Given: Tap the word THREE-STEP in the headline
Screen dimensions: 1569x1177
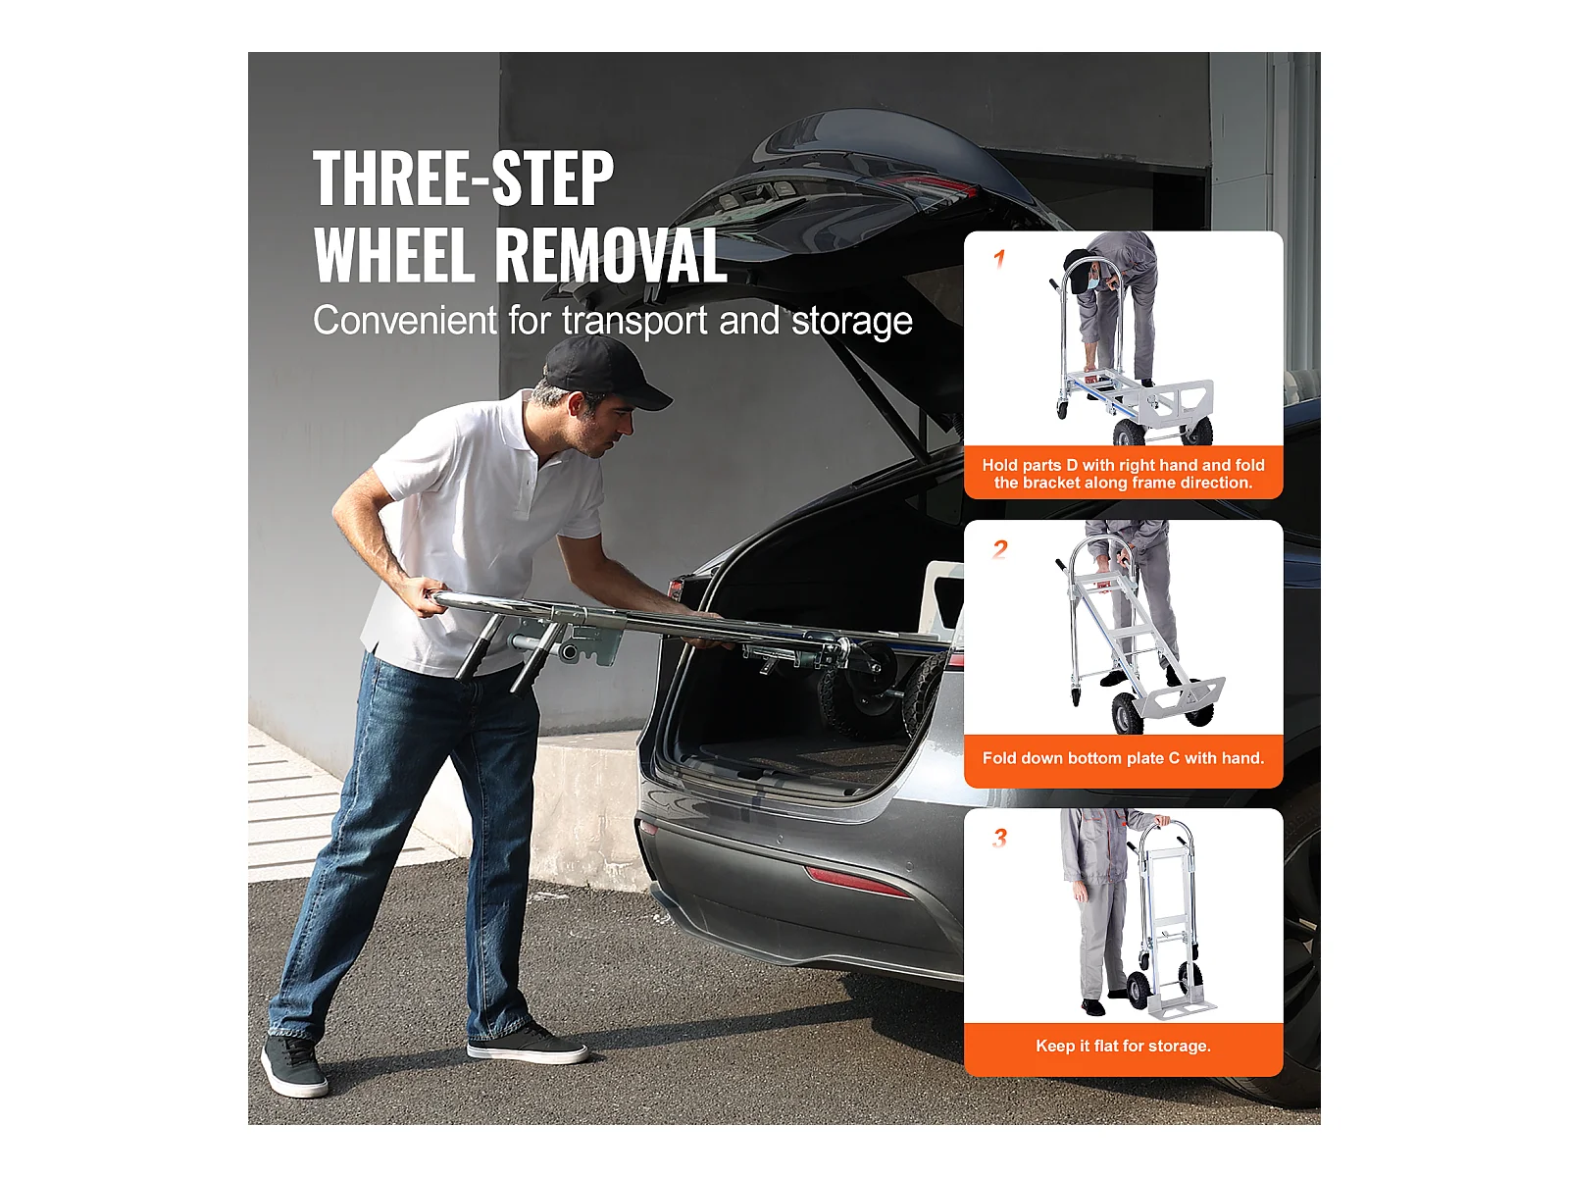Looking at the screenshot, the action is (x=463, y=179).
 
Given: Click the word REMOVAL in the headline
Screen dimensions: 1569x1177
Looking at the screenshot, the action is (x=611, y=255).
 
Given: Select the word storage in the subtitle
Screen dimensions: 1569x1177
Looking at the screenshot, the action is (x=852, y=321).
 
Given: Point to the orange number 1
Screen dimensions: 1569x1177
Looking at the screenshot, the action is (x=999, y=259).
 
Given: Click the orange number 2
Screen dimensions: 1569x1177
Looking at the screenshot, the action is (x=1000, y=549).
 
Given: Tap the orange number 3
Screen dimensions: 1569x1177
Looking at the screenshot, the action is (x=999, y=838).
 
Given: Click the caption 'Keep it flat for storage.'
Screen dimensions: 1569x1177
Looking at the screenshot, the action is (x=1123, y=1047).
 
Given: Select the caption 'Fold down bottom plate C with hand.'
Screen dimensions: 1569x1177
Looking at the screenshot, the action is (x=1123, y=758).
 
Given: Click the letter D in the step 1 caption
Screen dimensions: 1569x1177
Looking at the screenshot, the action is (x=1072, y=465).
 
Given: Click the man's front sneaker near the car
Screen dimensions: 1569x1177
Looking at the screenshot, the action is (x=527, y=1046).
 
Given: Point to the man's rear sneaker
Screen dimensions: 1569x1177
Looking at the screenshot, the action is (x=293, y=1065).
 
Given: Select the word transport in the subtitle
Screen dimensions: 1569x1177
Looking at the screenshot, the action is (x=634, y=322).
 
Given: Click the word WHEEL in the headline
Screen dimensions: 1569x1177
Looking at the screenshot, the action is (x=394, y=255).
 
